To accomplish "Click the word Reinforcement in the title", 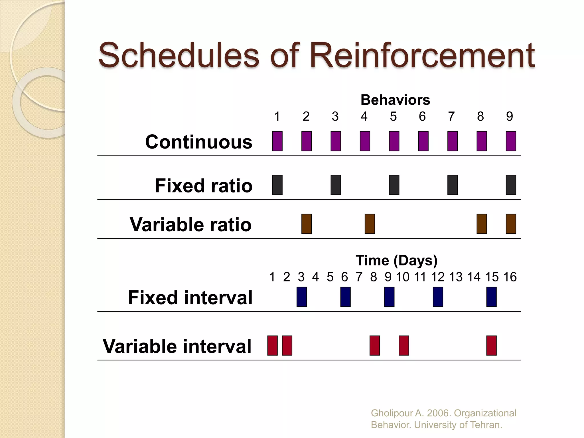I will [x=422, y=56].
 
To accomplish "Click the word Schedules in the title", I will [x=179, y=56].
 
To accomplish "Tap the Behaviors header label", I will [x=395, y=100].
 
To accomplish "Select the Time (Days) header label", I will [x=396, y=261].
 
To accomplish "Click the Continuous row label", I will [x=199, y=142].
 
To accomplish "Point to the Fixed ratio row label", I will [x=204, y=186].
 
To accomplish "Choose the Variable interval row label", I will [x=177, y=346].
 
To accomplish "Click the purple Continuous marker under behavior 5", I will [x=394, y=141].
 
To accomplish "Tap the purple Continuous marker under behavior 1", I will [x=277, y=141].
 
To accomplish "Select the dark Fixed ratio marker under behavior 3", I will [x=336, y=185].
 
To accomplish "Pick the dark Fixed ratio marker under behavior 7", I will [x=453, y=185].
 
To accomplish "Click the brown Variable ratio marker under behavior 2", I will [x=307, y=224].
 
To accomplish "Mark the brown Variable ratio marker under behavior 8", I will [x=482, y=224].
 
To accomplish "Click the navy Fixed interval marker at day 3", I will [x=302, y=297].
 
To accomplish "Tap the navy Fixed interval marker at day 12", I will [x=438, y=297].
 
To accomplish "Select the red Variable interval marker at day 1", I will [x=272, y=346].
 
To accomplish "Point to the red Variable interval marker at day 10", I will [x=404, y=346].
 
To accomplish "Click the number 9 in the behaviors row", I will [x=510, y=116].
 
